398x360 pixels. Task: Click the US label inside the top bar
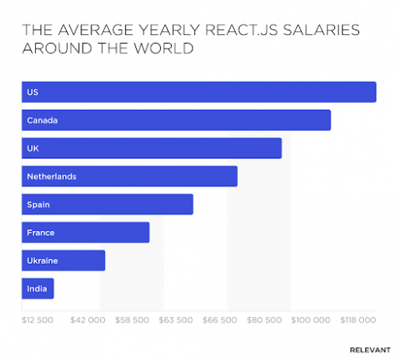coord(33,92)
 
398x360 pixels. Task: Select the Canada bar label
coord(42,120)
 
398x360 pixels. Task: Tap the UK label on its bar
coord(33,148)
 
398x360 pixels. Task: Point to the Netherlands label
coord(51,176)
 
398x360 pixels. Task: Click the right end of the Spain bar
coord(190,204)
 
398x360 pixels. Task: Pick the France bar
coord(85,233)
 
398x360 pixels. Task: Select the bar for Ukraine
coord(63,260)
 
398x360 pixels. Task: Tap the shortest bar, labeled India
coord(37,288)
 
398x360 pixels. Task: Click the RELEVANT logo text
coord(369,349)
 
